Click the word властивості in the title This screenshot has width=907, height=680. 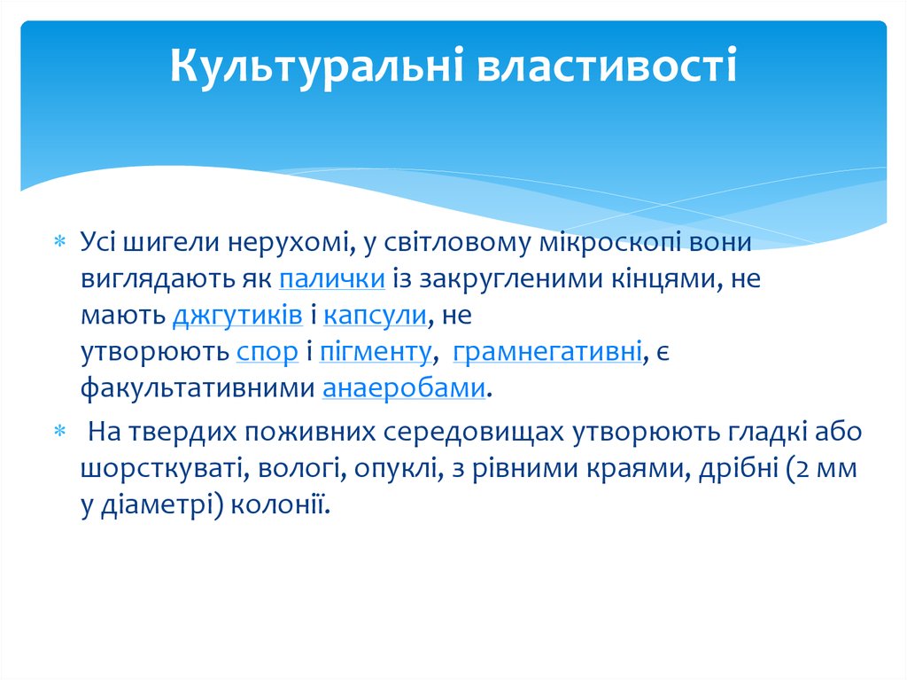[607, 65]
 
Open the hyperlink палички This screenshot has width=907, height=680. [332, 278]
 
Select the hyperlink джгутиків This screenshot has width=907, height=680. [237, 316]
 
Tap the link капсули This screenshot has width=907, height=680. [375, 316]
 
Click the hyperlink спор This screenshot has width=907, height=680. [267, 353]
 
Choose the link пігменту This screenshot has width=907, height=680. [376, 352]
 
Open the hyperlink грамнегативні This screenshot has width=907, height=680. [547, 352]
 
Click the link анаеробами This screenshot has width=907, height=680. [404, 388]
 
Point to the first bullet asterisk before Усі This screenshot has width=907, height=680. [60, 241]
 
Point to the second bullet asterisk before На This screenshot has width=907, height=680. [60, 431]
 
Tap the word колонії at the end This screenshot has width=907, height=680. [280, 504]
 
